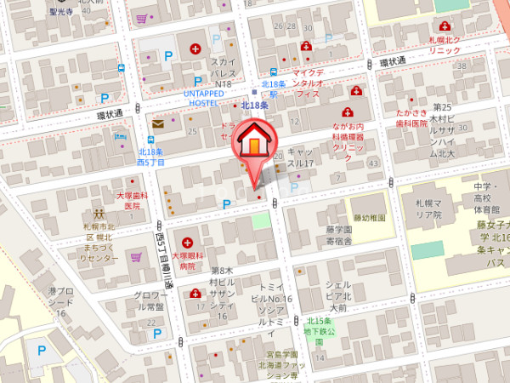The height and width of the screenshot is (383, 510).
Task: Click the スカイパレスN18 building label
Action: click(223, 73)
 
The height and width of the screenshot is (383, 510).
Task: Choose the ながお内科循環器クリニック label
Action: click(348, 136)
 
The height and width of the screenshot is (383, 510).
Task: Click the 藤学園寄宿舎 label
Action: click(337, 235)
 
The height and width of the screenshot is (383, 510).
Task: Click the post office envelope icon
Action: click(158, 123)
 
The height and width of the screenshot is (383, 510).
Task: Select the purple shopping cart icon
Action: click(136, 256)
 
